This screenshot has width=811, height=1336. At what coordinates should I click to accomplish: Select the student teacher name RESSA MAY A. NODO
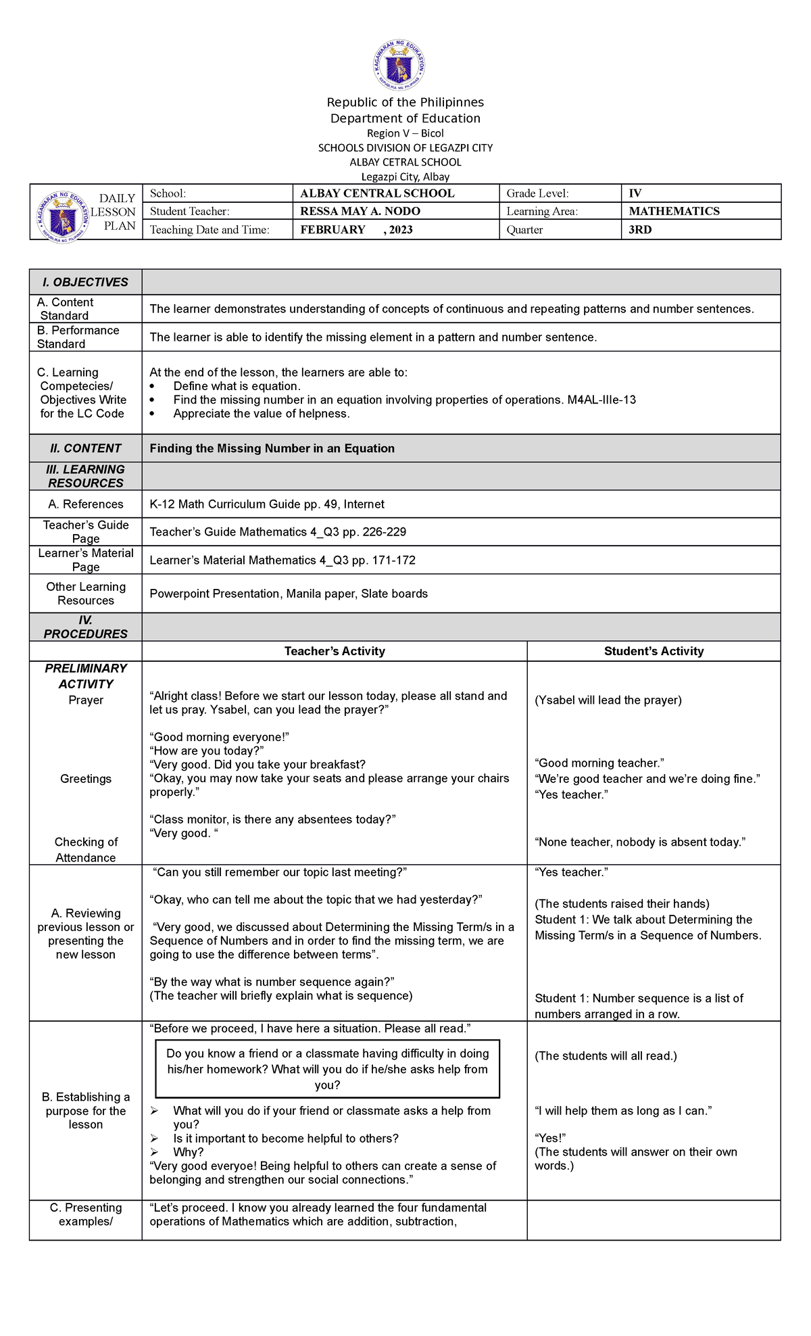coord(360,212)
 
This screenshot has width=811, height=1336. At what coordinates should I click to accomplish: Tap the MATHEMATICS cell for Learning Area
coord(674,212)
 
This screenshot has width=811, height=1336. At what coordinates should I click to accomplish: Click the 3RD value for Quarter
coord(640,230)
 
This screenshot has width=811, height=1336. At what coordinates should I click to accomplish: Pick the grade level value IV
coord(635,193)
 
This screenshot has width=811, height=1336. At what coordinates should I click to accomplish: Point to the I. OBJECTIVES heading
coord(85,283)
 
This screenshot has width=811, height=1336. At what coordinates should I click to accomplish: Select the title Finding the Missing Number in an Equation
coord(272,449)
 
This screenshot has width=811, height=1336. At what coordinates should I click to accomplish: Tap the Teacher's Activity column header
coord(335,651)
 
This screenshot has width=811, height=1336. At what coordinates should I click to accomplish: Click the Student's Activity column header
coord(654,651)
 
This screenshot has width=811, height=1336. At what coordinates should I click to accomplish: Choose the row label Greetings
coord(86,779)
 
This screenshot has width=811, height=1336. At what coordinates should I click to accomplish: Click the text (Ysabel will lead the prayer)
coord(608,700)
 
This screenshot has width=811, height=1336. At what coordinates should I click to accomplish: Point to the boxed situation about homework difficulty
coord(328,1069)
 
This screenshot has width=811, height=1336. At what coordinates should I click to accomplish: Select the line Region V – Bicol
coord(405,133)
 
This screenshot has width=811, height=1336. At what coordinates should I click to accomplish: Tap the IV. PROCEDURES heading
coord(85,627)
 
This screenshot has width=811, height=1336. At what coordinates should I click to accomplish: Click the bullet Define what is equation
coord(237,386)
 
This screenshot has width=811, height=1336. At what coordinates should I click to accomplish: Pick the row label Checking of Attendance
coord(86,850)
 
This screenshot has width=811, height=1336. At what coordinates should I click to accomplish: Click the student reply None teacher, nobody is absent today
coord(639,842)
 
